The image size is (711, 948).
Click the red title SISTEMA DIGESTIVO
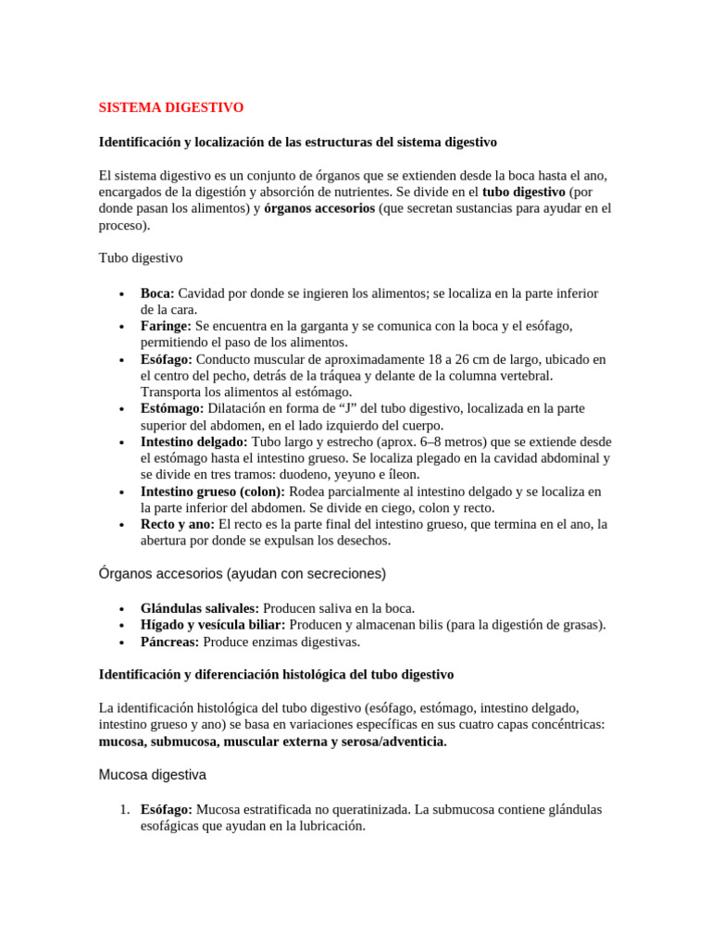click(x=171, y=107)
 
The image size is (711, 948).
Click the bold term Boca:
click(x=157, y=293)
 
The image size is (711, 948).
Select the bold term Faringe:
click(x=167, y=326)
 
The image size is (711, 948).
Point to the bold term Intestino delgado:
click(x=194, y=442)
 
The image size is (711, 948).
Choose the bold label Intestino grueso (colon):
click(x=213, y=491)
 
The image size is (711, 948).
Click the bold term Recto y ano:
click(x=178, y=524)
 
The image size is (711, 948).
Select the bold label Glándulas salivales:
click(x=200, y=608)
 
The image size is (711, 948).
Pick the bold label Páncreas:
click(x=169, y=642)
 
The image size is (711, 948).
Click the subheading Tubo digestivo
click(x=141, y=257)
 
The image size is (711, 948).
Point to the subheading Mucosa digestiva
click(x=153, y=774)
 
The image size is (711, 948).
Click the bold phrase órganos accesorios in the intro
click(x=319, y=208)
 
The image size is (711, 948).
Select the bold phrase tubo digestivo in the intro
click(x=524, y=192)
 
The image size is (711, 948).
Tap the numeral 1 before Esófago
click(x=124, y=809)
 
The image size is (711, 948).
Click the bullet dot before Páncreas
click(x=122, y=642)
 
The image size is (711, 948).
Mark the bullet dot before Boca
click(x=122, y=294)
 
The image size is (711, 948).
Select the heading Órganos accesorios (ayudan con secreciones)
click(x=243, y=574)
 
